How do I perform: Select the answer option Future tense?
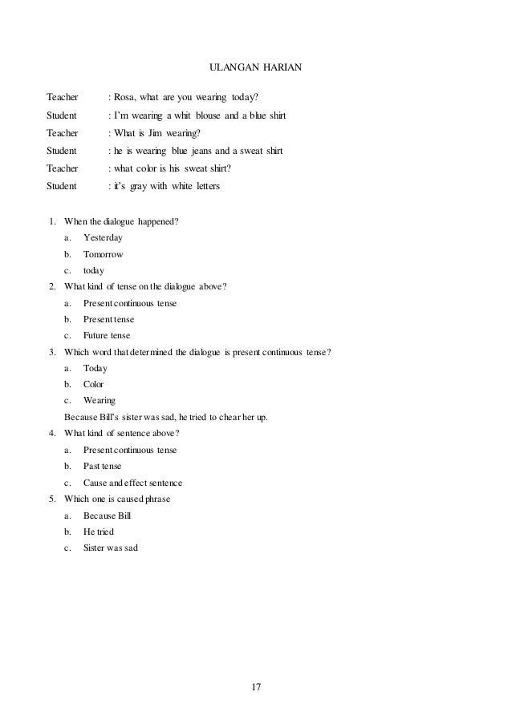[107, 335]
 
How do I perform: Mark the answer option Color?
[94, 384]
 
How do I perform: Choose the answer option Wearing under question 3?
[100, 400]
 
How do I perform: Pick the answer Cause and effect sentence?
[132, 483]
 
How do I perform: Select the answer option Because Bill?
[107, 516]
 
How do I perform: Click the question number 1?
[52, 221]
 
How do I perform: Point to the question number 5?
[52, 499]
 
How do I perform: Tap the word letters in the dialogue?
[211, 186]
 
